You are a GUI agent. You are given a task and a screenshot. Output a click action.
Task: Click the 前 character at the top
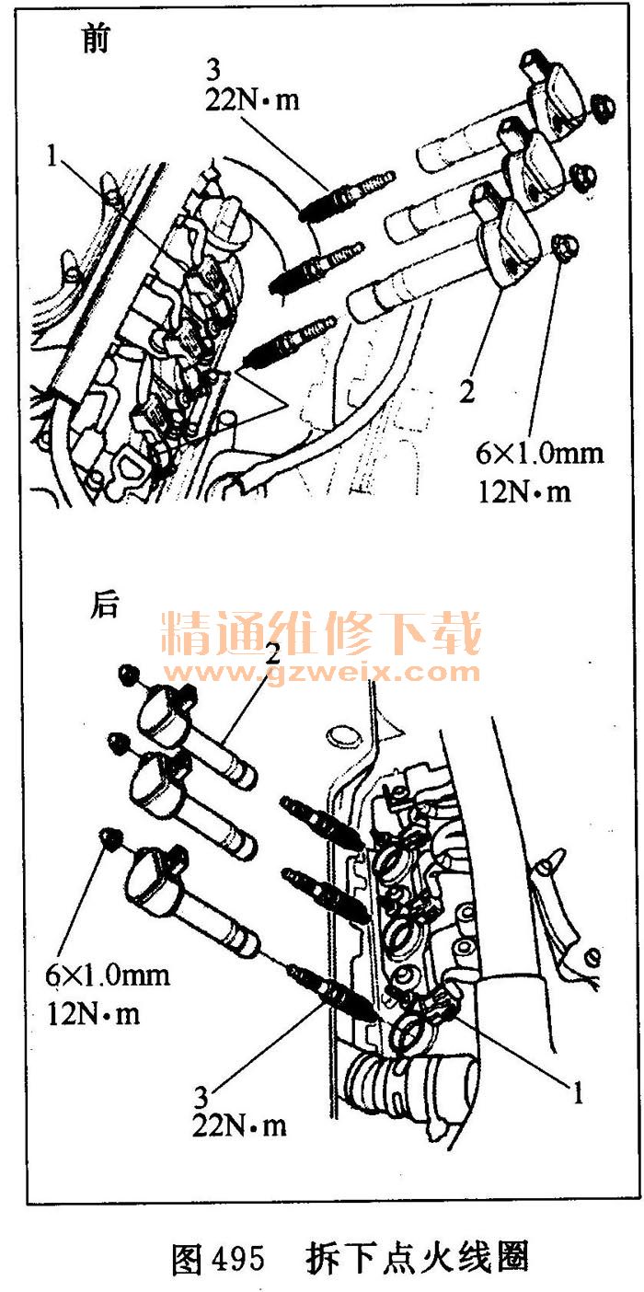pyautogui.click(x=95, y=39)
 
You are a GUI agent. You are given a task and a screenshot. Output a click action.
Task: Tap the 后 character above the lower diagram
pyautogui.click(x=104, y=606)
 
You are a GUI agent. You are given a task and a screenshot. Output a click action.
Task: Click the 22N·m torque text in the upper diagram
pyautogui.click(x=252, y=100)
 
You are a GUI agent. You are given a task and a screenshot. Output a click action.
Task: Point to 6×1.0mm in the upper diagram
pyautogui.click(x=540, y=453)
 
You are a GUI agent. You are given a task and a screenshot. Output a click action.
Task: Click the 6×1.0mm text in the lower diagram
pyautogui.click(x=108, y=975)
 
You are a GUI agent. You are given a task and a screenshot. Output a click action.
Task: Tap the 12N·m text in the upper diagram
pyautogui.click(x=524, y=491)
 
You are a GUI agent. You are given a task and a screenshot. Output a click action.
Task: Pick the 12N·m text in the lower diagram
pyautogui.click(x=94, y=1013)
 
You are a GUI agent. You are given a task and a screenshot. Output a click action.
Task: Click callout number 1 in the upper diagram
pyautogui.click(x=53, y=156)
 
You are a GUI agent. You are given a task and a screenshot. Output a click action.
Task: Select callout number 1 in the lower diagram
pyautogui.click(x=577, y=1092)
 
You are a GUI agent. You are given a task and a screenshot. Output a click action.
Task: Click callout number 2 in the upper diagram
pyautogui.click(x=466, y=392)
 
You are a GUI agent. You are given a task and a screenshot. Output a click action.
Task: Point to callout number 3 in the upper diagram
pyautogui.click(x=213, y=70)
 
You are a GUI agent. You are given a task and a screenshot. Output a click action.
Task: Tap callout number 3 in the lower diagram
pyautogui.click(x=201, y=1097)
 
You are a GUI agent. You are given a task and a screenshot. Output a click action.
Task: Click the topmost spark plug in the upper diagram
pyautogui.click(x=347, y=195)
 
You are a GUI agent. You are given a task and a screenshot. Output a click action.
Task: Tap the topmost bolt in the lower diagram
pyautogui.click(x=129, y=675)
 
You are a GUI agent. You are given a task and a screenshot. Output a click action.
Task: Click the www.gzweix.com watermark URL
pyautogui.click(x=321, y=672)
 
